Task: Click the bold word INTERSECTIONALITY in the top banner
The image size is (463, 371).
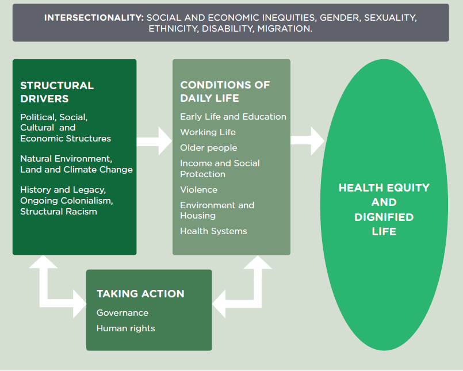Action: [x=94, y=18]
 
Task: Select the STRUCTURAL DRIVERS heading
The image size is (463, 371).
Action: [x=57, y=92]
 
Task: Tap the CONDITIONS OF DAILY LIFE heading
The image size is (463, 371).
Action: [x=225, y=91]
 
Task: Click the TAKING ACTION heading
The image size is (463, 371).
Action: [x=140, y=293]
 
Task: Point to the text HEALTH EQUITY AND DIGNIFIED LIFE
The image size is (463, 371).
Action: [x=384, y=209]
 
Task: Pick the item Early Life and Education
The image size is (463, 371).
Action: [x=234, y=117]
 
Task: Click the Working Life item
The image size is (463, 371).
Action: [x=208, y=132]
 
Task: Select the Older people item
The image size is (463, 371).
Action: [x=208, y=148]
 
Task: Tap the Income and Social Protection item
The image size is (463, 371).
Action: [x=220, y=169]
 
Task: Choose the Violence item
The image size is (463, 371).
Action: [x=199, y=190]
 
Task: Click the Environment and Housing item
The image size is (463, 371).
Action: [x=217, y=211]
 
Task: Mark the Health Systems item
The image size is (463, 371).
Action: [x=213, y=231]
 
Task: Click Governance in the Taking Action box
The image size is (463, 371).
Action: [x=123, y=313]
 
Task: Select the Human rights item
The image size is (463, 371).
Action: [x=126, y=328]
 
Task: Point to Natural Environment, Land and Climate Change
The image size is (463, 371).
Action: [x=76, y=164]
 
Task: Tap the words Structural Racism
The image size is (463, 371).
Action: [x=59, y=212]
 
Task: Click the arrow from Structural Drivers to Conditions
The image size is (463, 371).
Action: [x=154, y=141]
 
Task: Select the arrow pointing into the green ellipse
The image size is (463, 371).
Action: [x=307, y=141]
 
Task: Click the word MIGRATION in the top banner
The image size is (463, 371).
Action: [x=285, y=29]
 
